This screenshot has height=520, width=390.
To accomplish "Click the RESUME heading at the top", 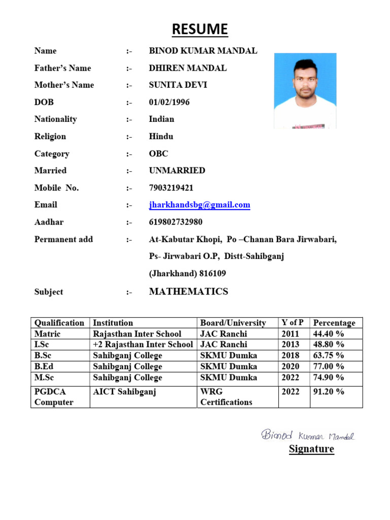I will pyautogui.click(x=200, y=29).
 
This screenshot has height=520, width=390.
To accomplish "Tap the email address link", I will pyautogui.click(x=200, y=205).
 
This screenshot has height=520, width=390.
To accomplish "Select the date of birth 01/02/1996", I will pyautogui.click(x=169, y=102).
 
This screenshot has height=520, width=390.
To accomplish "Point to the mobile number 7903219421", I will pyautogui.click(x=171, y=188).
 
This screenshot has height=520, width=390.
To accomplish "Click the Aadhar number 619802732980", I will pyautogui.click(x=175, y=222).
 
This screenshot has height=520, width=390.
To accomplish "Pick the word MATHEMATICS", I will pyautogui.click(x=188, y=291).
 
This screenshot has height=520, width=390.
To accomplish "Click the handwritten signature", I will pyautogui.click(x=308, y=435).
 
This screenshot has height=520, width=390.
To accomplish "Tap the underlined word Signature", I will pyautogui.click(x=311, y=449).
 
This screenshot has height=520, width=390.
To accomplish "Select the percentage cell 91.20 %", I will pyautogui.click(x=329, y=392).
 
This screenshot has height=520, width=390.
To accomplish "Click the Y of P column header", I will pyautogui.click(x=292, y=322).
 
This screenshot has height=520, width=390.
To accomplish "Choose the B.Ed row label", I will pyautogui.click(x=45, y=367).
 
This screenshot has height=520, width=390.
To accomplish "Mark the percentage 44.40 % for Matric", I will pyautogui.click(x=329, y=334).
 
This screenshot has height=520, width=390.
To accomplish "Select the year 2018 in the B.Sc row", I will pyautogui.click(x=290, y=355).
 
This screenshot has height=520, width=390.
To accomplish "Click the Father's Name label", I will pyautogui.click(x=62, y=68).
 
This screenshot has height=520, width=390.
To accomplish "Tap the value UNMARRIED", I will pyautogui.click(x=177, y=171).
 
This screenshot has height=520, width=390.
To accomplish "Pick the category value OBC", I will pyautogui.click(x=158, y=154).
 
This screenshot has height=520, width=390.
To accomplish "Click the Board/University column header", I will pyautogui.click(x=233, y=323).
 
